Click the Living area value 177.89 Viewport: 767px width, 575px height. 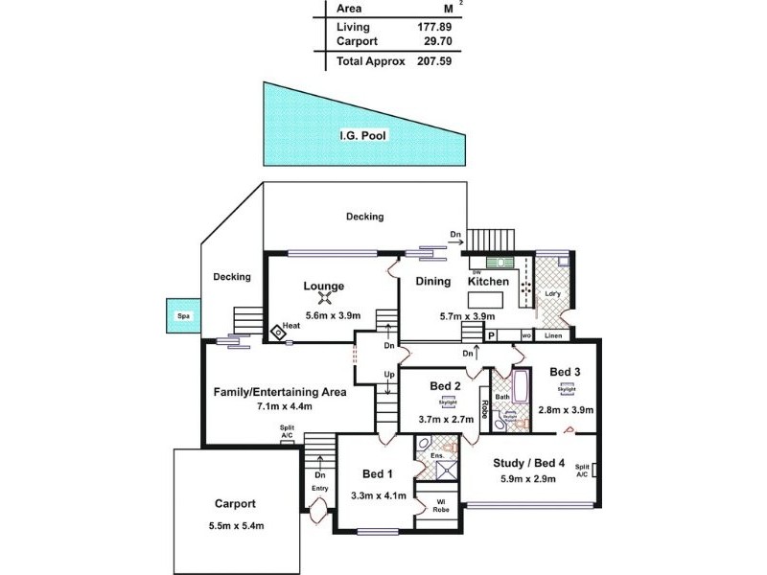pyautogui.click(x=434, y=27)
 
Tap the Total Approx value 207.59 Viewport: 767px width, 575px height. pyautogui.click(x=434, y=60)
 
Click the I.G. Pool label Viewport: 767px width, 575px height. pyautogui.click(x=362, y=136)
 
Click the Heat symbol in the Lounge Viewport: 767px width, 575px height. pyautogui.click(x=279, y=333)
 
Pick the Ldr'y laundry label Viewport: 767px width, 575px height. pyautogui.click(x=552, y=294)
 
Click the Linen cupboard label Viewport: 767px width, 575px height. pyautogui.click(x=553, y=336)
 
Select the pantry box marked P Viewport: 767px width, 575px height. pyautogui.click(x=492, y=336)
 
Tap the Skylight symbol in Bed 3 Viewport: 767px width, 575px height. pyautogui.click(x=567, y=391)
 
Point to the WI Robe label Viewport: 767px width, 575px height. pyautogui.click(x=442, y=504)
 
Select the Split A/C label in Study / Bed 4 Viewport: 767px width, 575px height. pyautogui.click(x=581, y=471)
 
